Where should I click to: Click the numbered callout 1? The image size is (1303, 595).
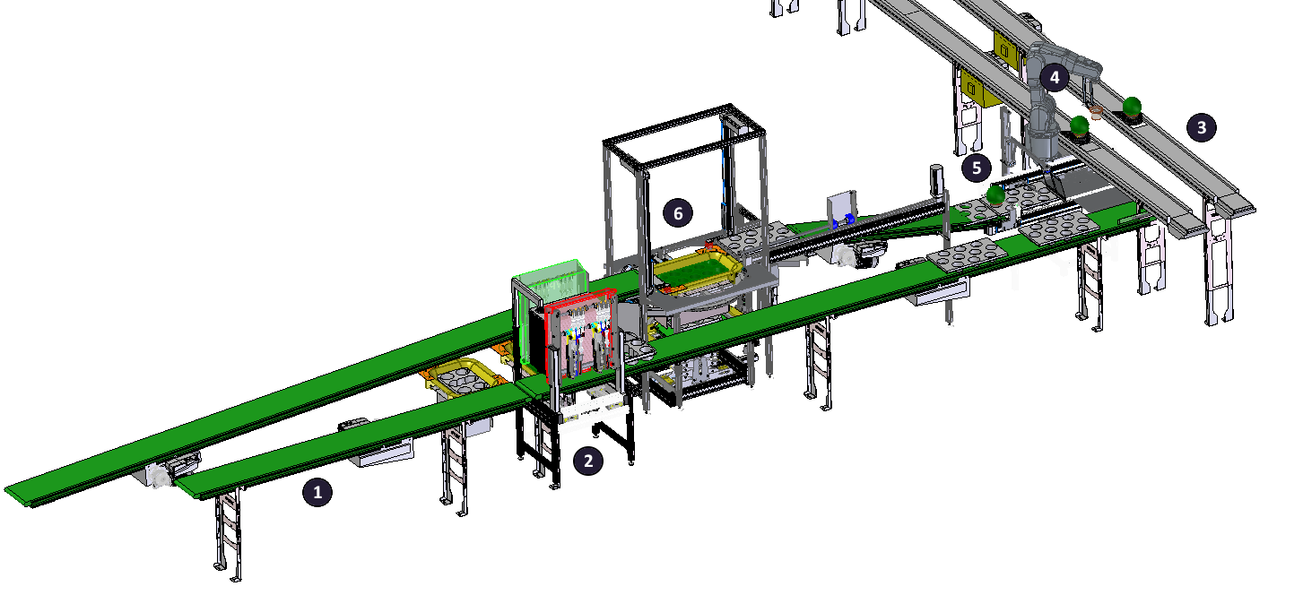317,492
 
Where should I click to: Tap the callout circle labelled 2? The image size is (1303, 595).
588,461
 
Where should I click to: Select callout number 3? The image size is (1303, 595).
1202,127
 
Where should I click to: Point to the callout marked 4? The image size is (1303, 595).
1054,77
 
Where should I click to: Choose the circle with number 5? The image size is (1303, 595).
977,168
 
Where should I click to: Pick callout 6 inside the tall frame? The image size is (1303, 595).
678,213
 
